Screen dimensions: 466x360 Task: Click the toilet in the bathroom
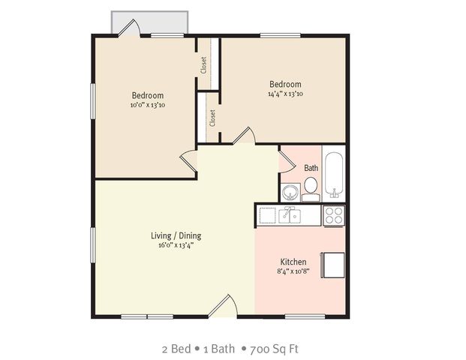coord(311,190)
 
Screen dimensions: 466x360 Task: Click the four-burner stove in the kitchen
coord(334,215)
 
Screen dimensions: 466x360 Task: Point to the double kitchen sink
coord(289,216)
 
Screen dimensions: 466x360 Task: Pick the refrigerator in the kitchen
coord(332,265)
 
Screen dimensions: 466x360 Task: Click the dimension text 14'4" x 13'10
coord(285,94)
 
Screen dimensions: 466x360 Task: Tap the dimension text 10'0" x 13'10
coord(148,105)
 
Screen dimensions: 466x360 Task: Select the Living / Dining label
coord(176,235)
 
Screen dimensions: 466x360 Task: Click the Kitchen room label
coord(293,262)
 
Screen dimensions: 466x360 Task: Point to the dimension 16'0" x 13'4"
coord(176,245)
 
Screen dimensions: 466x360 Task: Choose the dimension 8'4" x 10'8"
coord(293,271)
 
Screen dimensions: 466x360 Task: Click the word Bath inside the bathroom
coord(311,168)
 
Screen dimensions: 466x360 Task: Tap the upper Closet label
coord(203,65)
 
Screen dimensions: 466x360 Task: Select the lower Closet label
coord(212,118)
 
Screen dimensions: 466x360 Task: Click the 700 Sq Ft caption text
coord(274,349)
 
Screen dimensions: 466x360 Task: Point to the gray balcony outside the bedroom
coord(149,22)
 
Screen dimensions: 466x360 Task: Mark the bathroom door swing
coord(286,159)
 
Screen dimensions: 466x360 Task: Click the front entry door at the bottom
coord(223,306)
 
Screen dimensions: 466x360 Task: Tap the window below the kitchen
coord(305,316)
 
